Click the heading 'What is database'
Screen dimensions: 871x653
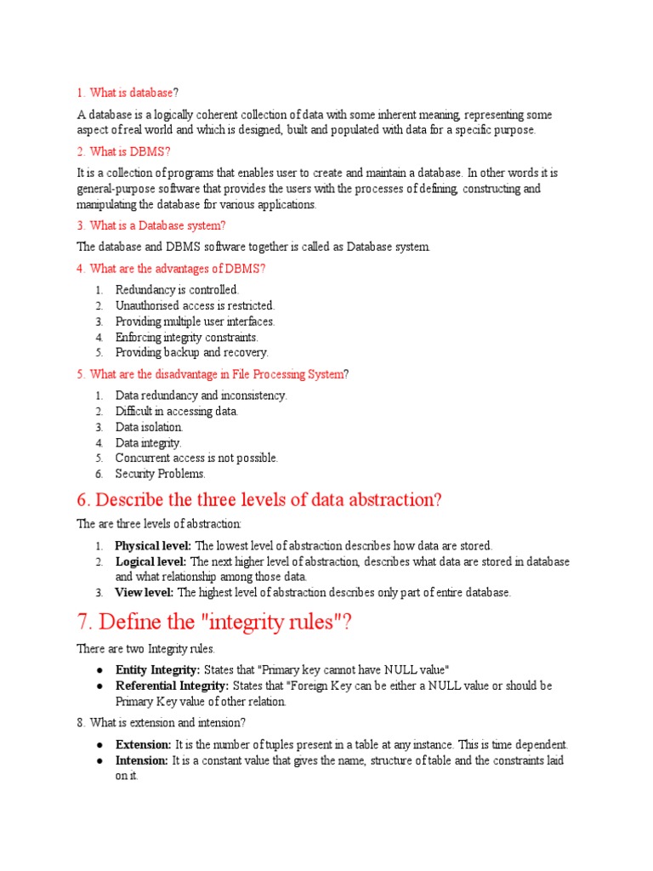(x=131, y=92)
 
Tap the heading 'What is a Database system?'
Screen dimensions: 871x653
(x=158, y=225)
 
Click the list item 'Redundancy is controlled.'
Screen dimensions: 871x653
(x=178, y=290)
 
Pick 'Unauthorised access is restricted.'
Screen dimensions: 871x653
(x=195, y=305)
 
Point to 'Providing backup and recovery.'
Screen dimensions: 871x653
(x=191, y=352)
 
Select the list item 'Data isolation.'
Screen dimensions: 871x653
(x=149, y=427)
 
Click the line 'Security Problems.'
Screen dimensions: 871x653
(x=161, y=474)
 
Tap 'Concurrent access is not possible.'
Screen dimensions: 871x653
(x=196, y=458)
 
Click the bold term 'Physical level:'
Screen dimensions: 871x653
(x=154, y=545)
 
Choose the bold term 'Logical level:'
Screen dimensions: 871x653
(x=150, y=561)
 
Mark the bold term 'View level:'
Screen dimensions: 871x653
(x=145, y=592)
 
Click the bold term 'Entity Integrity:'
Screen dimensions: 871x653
(x=157, y=669)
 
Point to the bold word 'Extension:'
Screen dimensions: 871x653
(x=142, y=744)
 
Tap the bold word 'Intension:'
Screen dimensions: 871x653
(x=142, y=760)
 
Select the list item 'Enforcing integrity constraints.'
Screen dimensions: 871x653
(x=186, y=337)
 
